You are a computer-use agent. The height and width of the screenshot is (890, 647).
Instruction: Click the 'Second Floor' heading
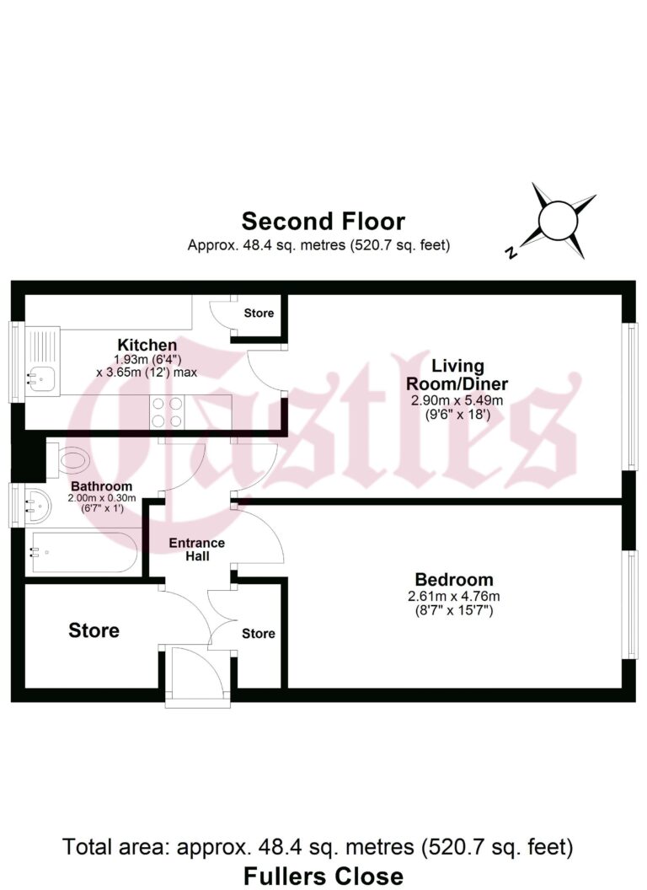click(323, 222)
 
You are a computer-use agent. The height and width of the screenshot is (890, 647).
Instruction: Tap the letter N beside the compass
click(511, 251)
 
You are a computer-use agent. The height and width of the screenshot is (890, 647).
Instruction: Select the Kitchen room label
click(147, 345)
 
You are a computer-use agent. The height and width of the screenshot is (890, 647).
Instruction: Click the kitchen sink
click(40, 378)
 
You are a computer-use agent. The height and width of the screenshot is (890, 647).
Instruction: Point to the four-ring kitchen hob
click(166, 412)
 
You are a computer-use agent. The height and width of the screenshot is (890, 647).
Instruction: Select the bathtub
click(80, 553)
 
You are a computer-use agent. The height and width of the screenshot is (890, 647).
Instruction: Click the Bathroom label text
click(101, 487)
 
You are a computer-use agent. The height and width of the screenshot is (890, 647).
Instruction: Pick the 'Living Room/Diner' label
click(457, 373)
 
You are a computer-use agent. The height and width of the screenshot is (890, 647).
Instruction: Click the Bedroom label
click(454, 580)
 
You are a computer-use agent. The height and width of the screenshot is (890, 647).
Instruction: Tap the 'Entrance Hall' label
click(195, 550)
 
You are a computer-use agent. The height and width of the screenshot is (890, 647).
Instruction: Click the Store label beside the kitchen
click(259, 314)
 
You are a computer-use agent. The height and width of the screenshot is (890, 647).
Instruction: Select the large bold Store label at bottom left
click(94, 630)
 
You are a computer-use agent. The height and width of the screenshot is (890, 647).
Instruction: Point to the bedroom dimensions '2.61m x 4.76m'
click(454, 597)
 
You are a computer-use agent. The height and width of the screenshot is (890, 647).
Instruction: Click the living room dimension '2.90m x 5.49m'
click(457, 400)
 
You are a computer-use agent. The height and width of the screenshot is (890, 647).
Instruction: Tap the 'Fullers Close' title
click(323, 875)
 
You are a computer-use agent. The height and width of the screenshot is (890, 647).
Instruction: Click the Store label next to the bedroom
click(259, 634)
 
